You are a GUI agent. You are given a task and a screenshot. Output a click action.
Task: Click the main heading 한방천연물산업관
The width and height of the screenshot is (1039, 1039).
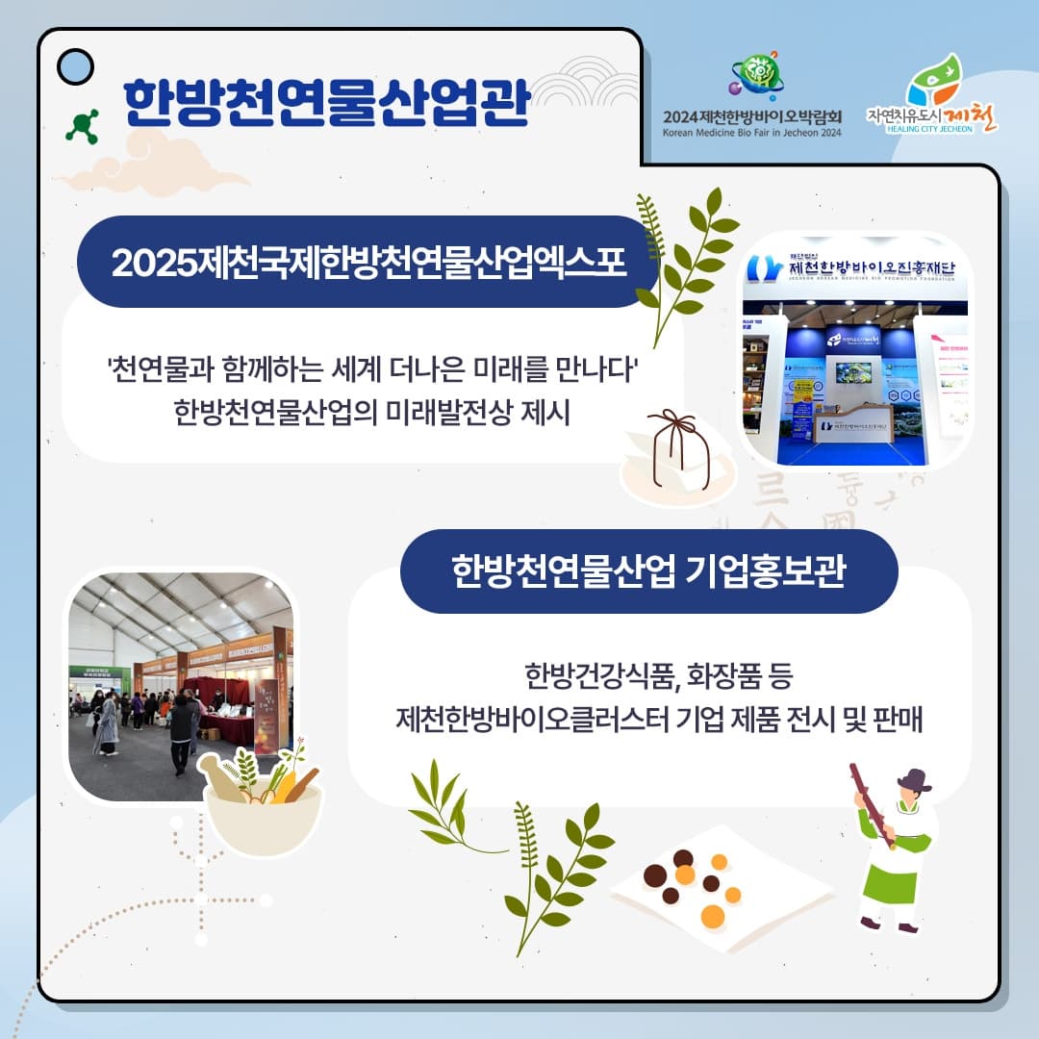[x=326, y=102]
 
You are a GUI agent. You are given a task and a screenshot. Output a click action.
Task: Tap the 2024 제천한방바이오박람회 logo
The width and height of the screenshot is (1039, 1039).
[x=752, y=96]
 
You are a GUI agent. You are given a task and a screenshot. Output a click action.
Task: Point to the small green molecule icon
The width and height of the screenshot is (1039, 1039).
[x=83, y=126]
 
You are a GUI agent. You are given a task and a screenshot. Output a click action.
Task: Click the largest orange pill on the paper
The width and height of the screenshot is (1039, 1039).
[x=713, y=914]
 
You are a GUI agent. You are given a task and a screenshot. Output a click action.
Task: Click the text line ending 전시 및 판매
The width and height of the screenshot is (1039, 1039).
[x=659, y=719]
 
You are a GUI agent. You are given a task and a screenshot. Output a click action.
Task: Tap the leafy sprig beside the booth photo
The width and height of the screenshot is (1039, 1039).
[x=685, y=260]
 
